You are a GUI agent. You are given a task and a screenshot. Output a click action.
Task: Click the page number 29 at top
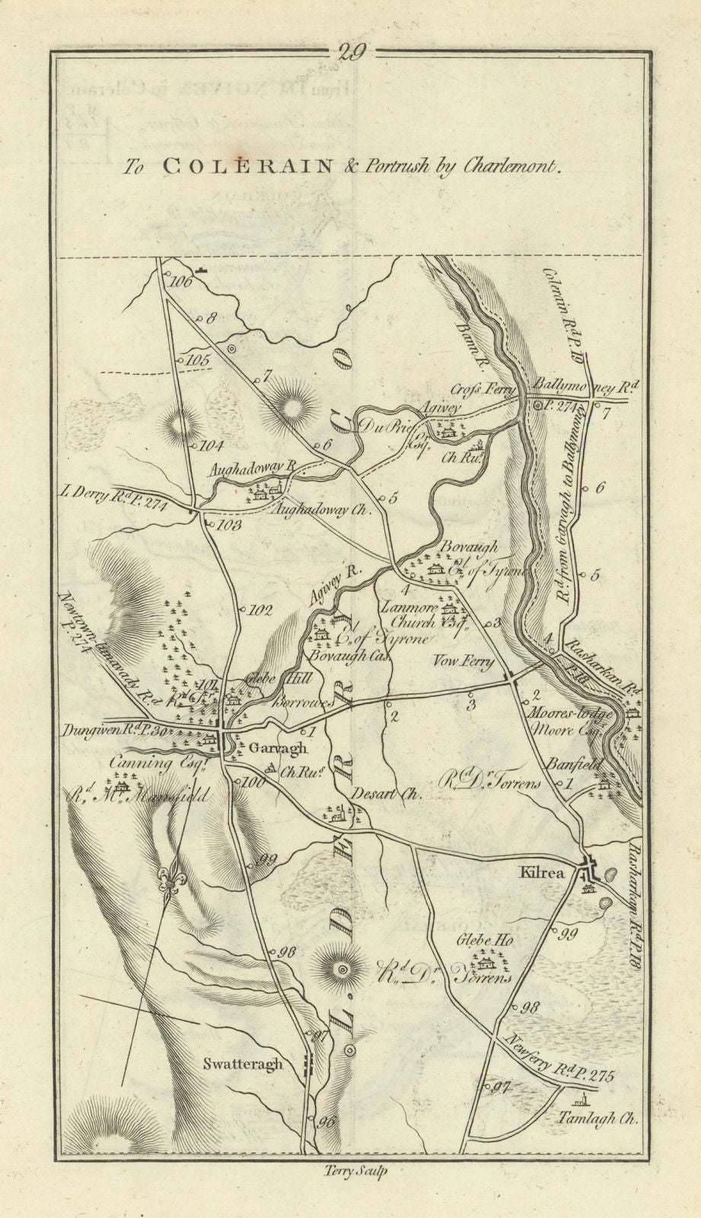(350, 52)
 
